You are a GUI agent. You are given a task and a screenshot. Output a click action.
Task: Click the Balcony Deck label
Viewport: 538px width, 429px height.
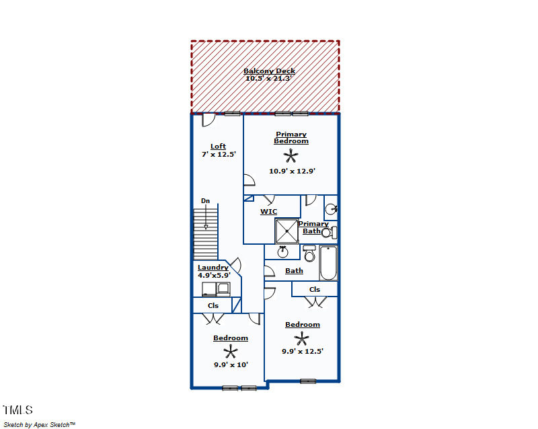pos(270,71)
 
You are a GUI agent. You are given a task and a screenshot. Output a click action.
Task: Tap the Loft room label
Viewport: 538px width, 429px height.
pos(218,147)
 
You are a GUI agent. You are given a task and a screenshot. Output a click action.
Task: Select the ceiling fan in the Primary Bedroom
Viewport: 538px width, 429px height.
pos(291,156)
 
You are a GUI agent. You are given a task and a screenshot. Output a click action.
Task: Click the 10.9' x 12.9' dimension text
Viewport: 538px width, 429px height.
pos(292,171)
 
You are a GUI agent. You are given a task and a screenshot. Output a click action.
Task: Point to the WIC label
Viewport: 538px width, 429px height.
pos(268,212)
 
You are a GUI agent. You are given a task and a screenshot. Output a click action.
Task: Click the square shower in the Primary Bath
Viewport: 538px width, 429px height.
pos(286,231)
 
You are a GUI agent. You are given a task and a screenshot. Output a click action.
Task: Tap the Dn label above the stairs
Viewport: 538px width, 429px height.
pos(205,201)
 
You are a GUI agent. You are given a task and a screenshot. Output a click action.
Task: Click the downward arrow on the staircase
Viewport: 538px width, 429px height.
pos(206,217)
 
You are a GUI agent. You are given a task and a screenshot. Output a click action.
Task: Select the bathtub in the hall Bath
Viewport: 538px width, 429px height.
pos(328,263)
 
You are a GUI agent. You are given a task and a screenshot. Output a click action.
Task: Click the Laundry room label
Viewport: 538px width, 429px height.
pos(213,268)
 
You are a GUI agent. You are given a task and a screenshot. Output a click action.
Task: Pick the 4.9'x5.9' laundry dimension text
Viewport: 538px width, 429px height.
pos(214,275)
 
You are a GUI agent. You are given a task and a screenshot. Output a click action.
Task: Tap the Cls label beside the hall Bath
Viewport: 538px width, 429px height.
pos(314,290)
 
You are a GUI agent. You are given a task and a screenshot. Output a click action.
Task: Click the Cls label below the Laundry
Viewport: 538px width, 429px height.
pos(213,305)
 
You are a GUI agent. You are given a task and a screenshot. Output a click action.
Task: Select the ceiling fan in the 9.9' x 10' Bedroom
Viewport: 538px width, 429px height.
pos(231,352)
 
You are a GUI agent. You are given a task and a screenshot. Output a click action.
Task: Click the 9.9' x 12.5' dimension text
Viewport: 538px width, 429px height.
pos(303,352)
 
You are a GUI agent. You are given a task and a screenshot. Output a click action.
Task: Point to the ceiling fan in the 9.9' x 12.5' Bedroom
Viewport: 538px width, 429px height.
pos(301,339)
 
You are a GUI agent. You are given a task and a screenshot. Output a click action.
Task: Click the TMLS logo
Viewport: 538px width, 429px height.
pos(18,410)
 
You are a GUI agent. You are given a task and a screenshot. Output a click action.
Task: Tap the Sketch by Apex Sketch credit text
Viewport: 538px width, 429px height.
pos(40,425)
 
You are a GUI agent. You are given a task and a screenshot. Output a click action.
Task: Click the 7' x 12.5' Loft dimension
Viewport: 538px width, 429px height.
pos(219,155)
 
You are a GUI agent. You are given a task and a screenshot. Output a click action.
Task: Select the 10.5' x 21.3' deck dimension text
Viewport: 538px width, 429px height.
pos(268,78)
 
